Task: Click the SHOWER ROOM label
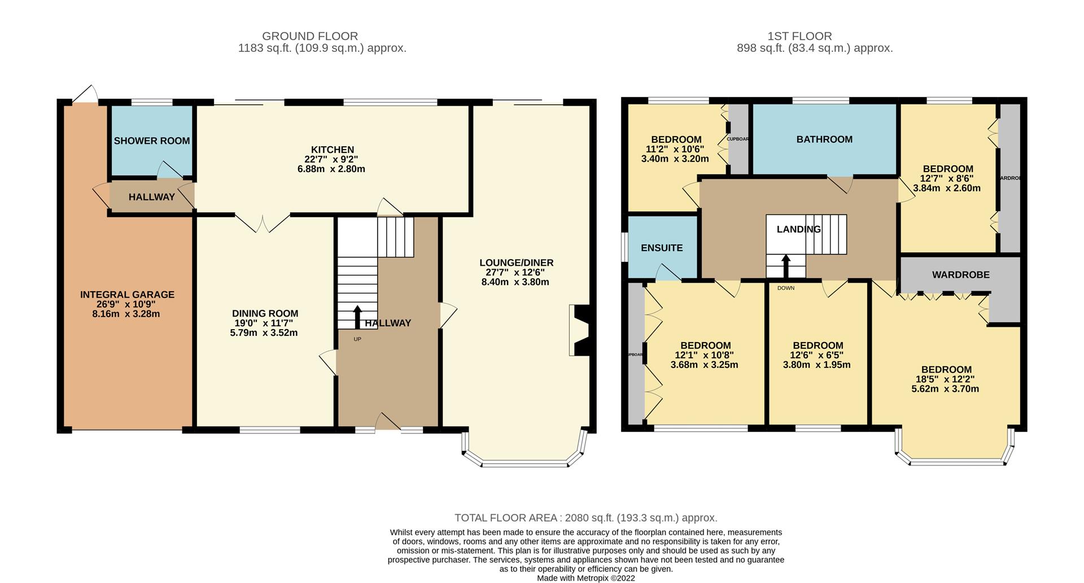151,141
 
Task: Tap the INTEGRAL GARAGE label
127,295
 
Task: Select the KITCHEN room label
333,150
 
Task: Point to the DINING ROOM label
265,314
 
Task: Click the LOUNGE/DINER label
516,263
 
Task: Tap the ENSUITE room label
662,248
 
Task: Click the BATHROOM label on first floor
824,139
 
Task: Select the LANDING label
798,229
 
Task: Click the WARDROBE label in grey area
960,275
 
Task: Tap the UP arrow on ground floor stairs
357,317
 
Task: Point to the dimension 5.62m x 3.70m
945,389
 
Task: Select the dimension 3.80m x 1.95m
816,365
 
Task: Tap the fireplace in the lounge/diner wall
580,331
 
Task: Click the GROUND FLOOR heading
309,36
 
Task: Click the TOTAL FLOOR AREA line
585,518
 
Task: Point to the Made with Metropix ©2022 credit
585,578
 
